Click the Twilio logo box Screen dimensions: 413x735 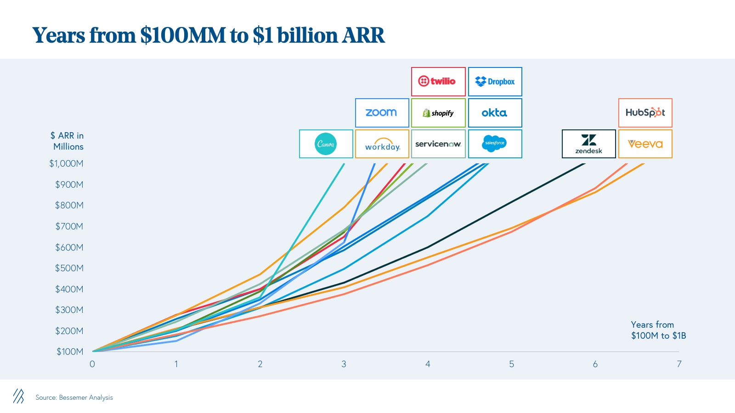pos(438,82)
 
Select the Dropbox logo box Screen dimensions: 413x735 pos(495,82)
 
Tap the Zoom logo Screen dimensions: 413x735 pos(382,113)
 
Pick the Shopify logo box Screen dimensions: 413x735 pos(438,113)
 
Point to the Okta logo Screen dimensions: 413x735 pos(495,113)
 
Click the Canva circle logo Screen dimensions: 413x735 pos(326,144)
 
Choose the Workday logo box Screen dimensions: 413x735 pos(382,144)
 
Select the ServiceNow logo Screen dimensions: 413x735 pos(438,144)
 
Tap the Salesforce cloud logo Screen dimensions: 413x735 pos(495,144)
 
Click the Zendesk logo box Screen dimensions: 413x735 pos(589,144)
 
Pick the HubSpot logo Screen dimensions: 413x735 pos(645,113)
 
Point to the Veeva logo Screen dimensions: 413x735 pos(645,144)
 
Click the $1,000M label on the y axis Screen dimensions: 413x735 pos(67,164)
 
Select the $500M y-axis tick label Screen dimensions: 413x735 pos(69,268)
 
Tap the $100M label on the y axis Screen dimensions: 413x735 pos(70,352)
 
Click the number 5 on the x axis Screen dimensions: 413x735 pos(511,364)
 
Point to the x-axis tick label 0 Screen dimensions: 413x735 pos(92,364)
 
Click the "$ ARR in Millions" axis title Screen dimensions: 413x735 pos(68,141)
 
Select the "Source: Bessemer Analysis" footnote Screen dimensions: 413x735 pos(74,397)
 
